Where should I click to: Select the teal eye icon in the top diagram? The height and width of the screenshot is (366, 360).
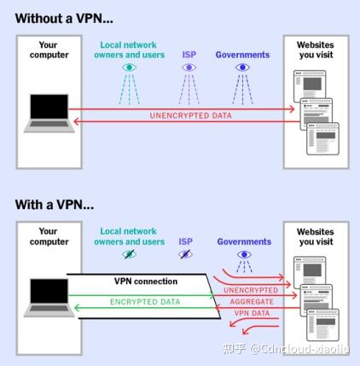tap(130, 67)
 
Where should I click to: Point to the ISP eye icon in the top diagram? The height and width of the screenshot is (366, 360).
tap(189, 67)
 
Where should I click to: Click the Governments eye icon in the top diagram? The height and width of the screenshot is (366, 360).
tap(242, 67)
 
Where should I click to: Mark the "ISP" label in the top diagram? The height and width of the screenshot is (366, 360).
tap(189, 54)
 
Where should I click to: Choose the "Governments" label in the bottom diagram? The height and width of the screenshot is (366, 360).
tap(243, 242)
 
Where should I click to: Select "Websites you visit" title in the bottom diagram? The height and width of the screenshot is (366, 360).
tap(316, 236)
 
